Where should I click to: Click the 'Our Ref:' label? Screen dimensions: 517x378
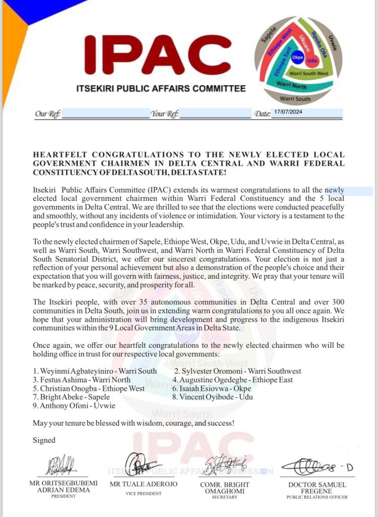pyautogui.click(x=48, y=114)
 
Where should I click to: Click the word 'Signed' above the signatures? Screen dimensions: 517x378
pyautogui.click(x=44, y=440)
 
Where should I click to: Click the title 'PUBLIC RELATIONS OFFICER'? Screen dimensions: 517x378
pyautogui.click(x=317, y=497)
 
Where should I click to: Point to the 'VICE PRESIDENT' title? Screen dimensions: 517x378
pyautogui.click(x=144, y=493)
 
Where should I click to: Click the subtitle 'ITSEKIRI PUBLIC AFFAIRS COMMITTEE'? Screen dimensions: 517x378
pyautogui.click(x=161, y=89)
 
